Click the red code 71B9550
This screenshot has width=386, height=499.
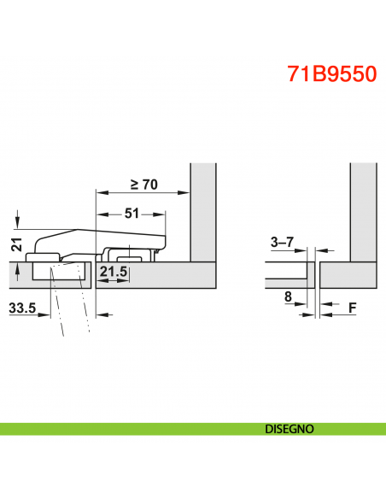[x=332, y=73]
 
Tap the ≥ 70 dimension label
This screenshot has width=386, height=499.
[x=144, y=185]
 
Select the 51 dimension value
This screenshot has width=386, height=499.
[x=132, y=214]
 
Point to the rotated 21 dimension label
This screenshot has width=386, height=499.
[x=16, y=244]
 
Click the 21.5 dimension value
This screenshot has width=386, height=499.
[x=114, y=272]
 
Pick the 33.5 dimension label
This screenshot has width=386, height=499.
[x=22, y=308]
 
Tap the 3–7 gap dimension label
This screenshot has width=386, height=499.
[x=282, y=242]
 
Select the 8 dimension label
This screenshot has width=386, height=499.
[x=288, y=296]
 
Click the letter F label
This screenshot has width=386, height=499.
[x=353, y=308]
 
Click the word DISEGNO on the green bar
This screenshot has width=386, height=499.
[x=289, y=429]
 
